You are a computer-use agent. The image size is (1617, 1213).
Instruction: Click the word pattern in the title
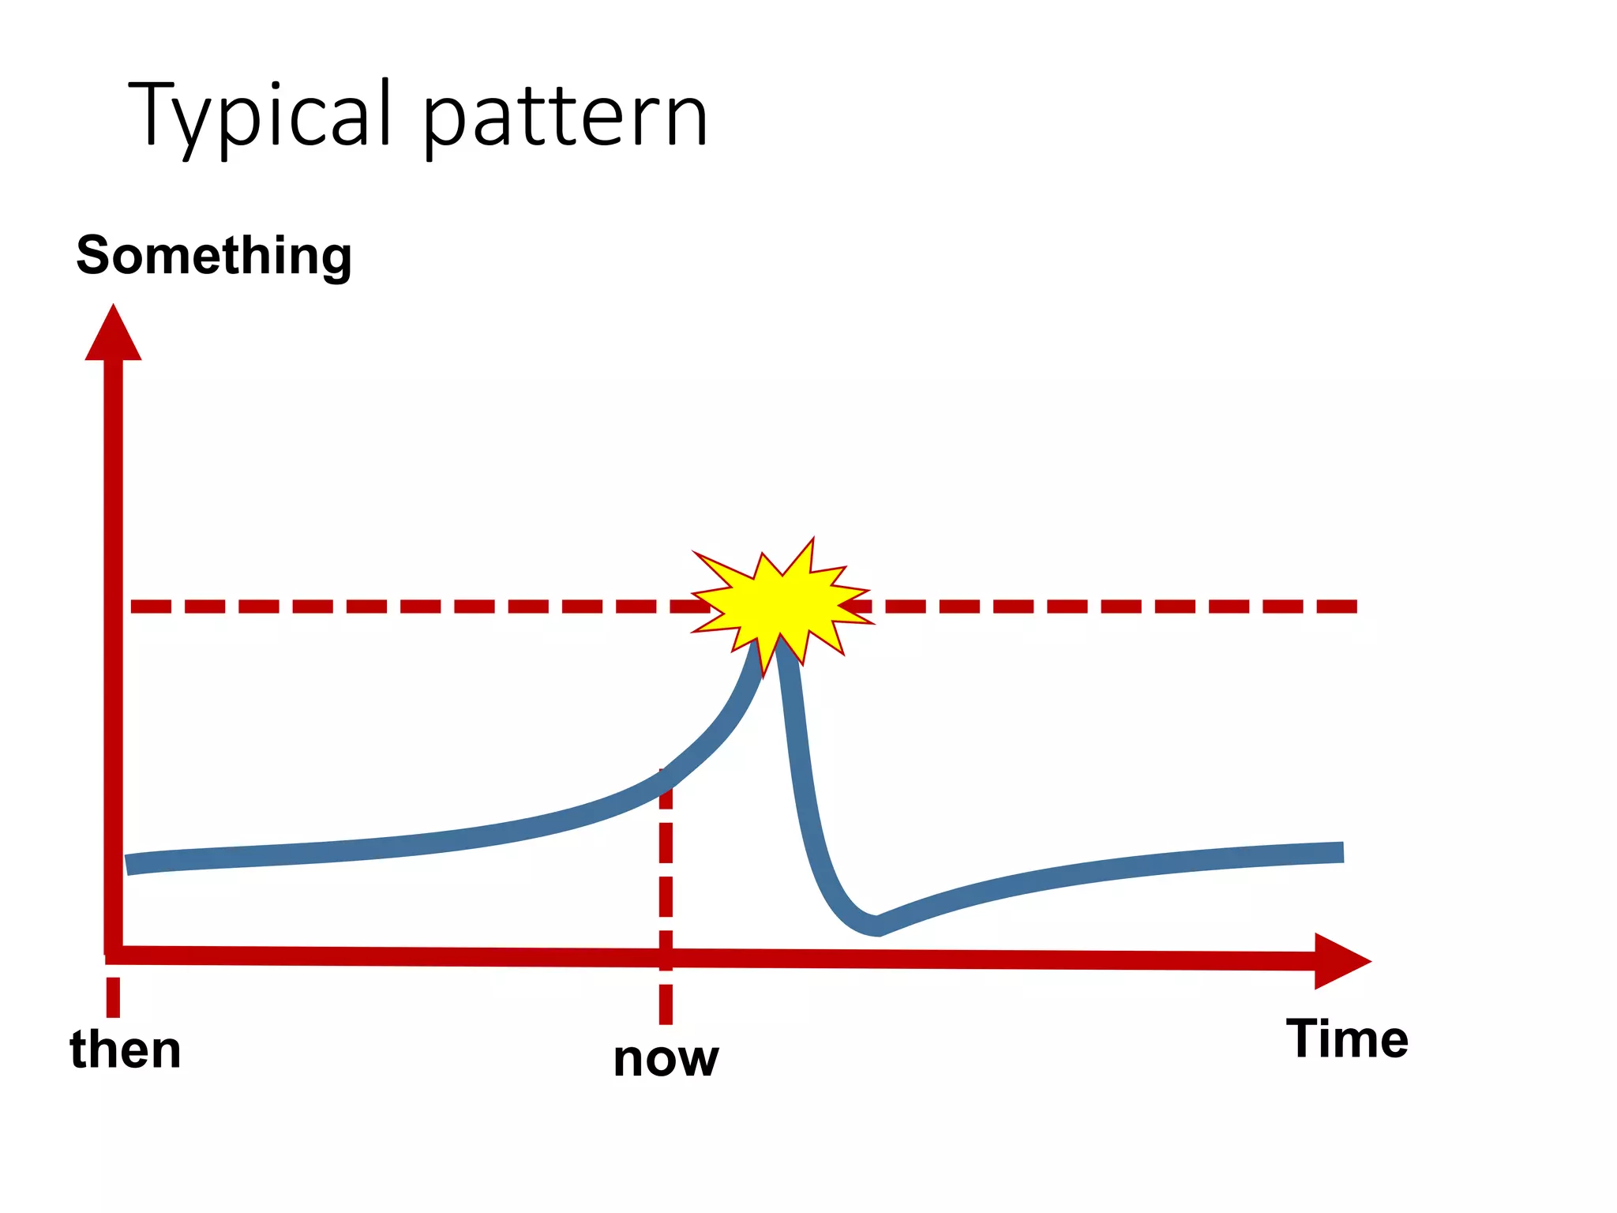(565, 118)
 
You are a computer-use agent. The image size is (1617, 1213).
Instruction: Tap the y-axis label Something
(213, 257)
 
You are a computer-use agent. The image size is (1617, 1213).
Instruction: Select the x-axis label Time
(1347, 1038)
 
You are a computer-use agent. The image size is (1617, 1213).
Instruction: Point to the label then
(126, 1050)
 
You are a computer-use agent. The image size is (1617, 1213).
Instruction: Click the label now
(666, 1058)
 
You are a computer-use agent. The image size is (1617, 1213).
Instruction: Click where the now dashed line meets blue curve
(666, 778)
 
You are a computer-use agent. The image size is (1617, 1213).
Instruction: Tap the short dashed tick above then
(114, 997)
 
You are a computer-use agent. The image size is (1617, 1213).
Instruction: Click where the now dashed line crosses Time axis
(666, 958)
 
